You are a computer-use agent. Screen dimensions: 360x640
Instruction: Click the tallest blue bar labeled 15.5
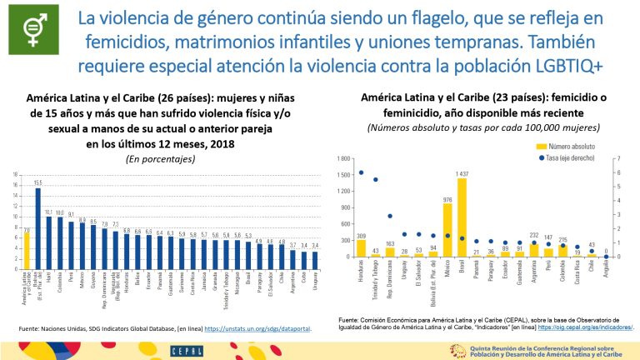[37, 222]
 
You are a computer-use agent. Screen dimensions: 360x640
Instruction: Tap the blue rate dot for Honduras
[362, 172]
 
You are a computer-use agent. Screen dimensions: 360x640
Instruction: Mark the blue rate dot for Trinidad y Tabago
[376, 179]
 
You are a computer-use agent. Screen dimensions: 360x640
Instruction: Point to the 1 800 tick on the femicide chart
[343, 158]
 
